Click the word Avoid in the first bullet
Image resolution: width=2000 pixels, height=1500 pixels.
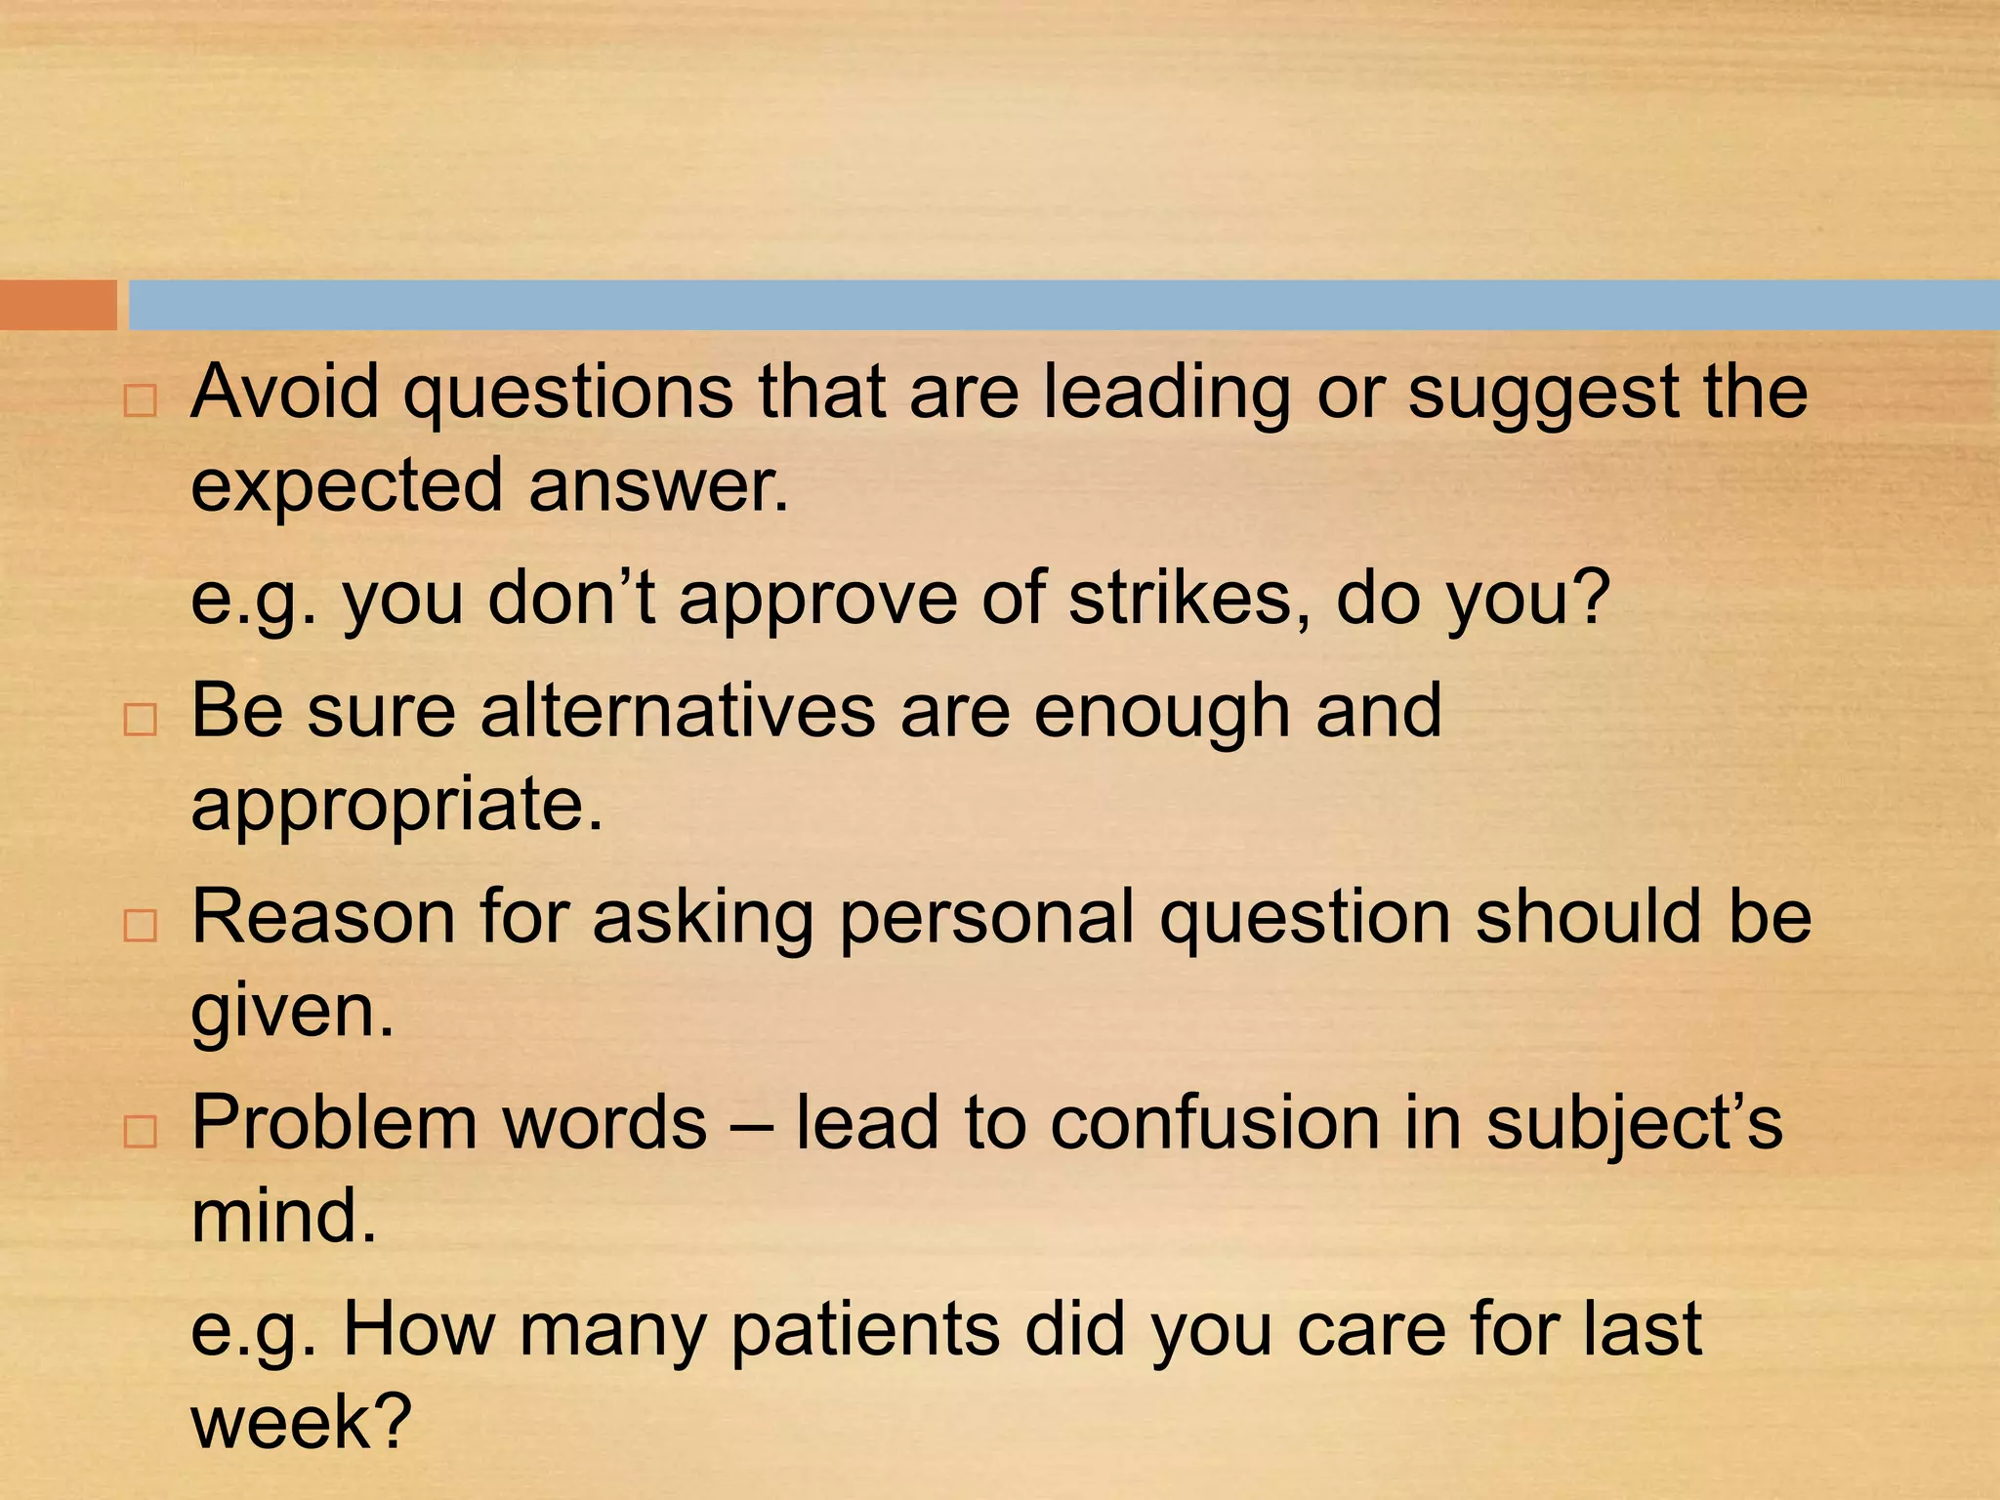click(284, 392)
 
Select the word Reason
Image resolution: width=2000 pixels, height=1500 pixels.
click(323, 917)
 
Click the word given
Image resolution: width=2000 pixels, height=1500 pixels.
click(292, 1012)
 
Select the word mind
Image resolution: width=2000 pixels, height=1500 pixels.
click(283, 1216)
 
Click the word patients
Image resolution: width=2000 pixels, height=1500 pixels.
click(865, 1329)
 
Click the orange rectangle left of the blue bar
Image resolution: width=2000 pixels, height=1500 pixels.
click(58, 305)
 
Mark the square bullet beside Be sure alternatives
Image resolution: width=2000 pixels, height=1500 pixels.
click(141, 720)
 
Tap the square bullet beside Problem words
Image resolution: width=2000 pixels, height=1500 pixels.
click(141, 1132)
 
